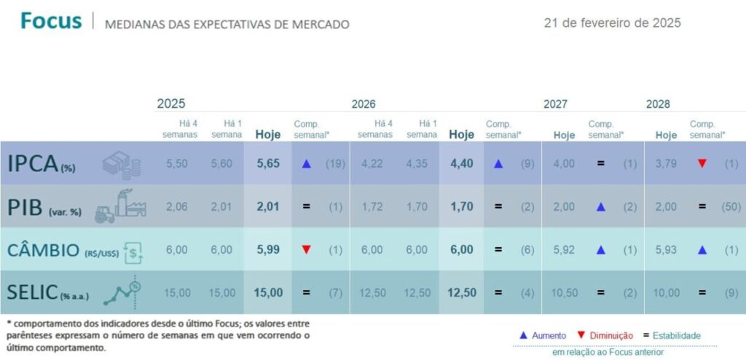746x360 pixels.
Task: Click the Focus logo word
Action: click(x=51, y=21)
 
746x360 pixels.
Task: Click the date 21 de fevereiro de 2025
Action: click(x=612, y=23)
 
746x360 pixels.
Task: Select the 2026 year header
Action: click(x=364, y=104)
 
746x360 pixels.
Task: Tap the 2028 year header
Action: click(x=658, y=104)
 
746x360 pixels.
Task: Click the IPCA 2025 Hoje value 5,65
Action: click(x=268, y=164)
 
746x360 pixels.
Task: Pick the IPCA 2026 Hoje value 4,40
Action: click(x=461, y=164)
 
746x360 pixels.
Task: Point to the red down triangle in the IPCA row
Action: click(x=702, y=164)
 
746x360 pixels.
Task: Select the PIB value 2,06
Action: click(x=177, y=206)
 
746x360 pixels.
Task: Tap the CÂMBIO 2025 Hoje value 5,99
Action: click(x=268, y=249)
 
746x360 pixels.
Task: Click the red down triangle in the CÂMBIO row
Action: click(x=306, y=249)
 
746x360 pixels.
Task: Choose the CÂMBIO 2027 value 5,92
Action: click(x=564, y=249)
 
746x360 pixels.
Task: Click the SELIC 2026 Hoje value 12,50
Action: click(x=461, y=292)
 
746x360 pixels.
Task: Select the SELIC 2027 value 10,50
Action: click(x=564, y=292)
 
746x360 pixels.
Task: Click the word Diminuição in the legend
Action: click(x=612, y=335)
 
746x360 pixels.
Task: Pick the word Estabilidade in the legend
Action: click(x=677, y=335)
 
